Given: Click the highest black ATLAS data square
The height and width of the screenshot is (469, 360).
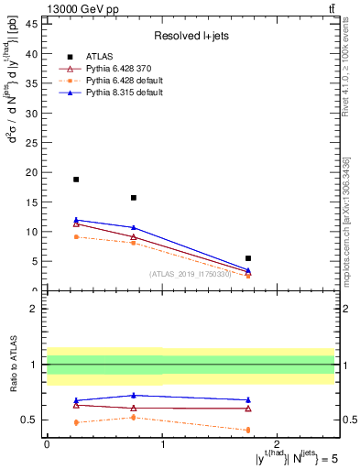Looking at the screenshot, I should tap(76, 180).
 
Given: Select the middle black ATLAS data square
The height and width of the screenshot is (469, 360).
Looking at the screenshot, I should tap(134, 198).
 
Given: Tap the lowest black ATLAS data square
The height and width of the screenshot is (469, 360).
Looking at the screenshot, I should tap(248, 258).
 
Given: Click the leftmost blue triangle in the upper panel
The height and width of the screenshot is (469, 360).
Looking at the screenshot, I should tap(76, 220).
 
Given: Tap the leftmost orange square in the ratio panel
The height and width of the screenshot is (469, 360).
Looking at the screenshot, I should tap(76, 422).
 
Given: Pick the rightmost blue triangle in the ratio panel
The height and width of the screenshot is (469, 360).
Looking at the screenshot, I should tap(248, 399).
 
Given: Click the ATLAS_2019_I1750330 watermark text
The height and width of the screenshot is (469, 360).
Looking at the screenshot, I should tap(191, 273).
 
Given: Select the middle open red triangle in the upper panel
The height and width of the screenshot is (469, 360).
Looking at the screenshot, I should tap(134, 237).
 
